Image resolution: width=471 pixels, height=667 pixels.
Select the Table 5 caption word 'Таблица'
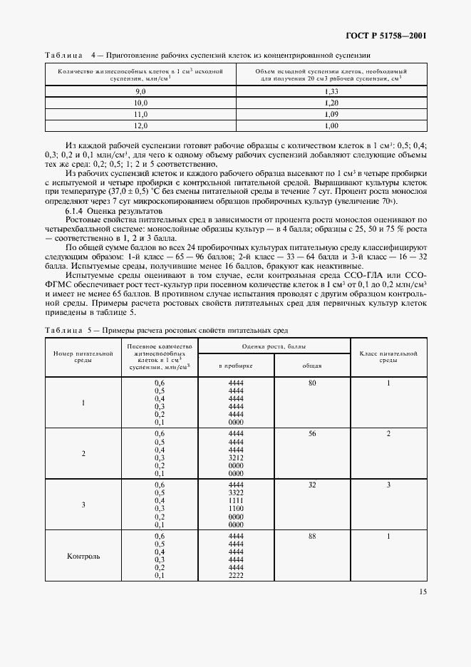(63, 330)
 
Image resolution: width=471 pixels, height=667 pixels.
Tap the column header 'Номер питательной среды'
(83, 356)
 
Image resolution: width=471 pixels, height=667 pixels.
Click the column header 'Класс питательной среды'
(388, 356)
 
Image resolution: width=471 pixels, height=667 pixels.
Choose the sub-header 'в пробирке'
(235, 365)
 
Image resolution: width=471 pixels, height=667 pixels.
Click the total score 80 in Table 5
(312, 383)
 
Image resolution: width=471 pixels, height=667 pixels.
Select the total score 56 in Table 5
(312, 433)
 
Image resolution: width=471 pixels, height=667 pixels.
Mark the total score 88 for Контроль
(312, 536)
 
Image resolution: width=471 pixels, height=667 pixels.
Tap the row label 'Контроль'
(83, 556)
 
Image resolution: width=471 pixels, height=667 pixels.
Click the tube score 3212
(235, 457)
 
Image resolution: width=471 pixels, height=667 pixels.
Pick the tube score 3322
(235, 492)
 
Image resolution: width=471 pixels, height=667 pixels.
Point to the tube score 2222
(235, 575)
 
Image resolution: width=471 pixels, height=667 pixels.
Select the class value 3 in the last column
(388, 485)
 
